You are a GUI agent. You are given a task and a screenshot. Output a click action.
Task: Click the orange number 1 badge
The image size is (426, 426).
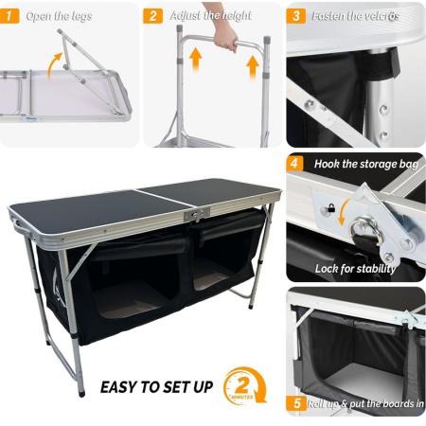[x=11, y=15]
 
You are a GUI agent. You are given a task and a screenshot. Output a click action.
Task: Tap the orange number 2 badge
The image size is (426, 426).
[x=153, y=15]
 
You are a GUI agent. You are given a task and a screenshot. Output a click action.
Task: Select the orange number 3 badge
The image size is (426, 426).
[x=296, y=15]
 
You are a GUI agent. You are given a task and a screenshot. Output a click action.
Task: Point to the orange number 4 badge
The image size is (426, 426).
[x=296, y=163]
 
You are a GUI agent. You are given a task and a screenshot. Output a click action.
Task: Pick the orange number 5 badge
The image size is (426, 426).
[x=296, y=404]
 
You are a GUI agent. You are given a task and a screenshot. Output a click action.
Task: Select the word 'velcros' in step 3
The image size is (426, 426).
[x=381, y=16]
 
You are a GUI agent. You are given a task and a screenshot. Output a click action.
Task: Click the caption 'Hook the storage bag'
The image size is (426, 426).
[x=365, y=164]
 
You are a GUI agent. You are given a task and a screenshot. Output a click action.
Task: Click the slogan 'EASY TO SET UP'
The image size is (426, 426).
[x=156, y=387]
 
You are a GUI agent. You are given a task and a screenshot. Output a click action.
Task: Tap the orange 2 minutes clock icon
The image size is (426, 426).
[x=243, y=387]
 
